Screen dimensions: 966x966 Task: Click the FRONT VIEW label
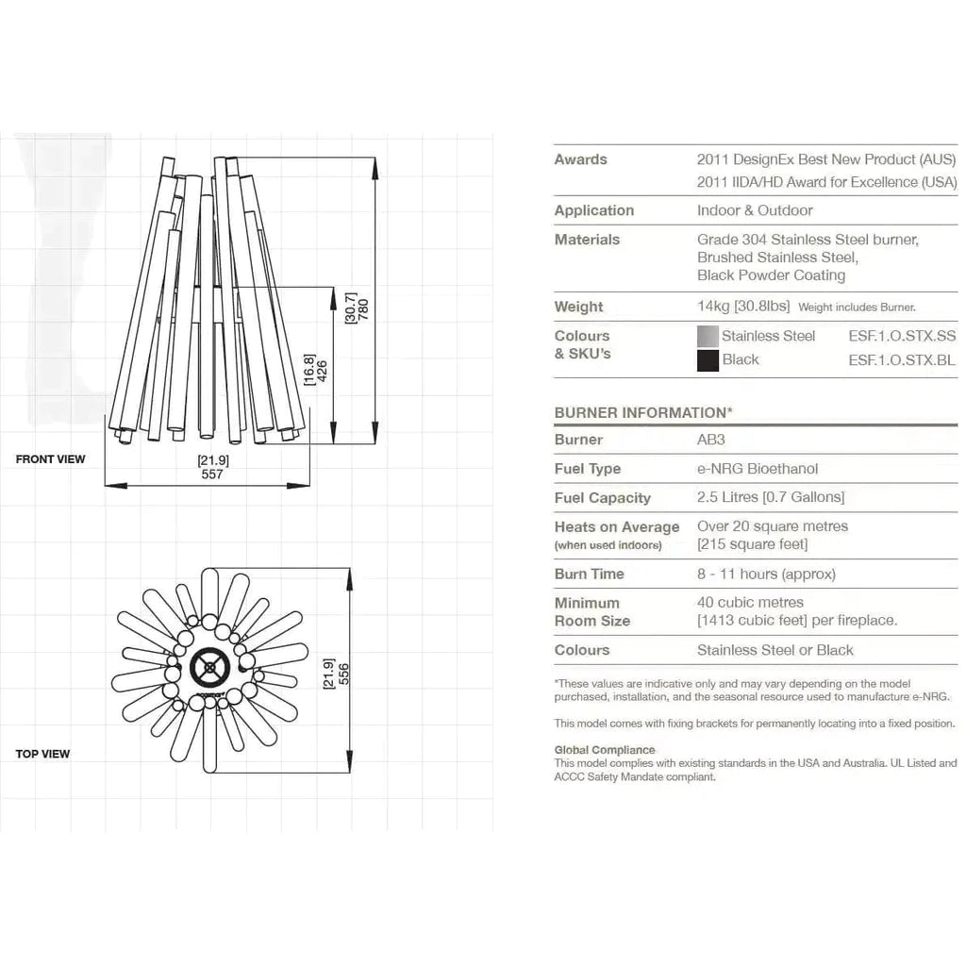(50, 459)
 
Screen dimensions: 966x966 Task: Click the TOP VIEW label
(42, 754)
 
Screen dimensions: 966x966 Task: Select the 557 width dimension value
(212, 475)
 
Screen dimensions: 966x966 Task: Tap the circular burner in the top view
(209, 668)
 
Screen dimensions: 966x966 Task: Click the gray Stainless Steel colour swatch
(708, 337)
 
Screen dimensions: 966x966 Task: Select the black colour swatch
(708, 360)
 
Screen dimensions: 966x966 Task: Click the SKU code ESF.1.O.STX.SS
(902, 336)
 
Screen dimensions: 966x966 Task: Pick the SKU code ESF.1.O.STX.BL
(902, 359)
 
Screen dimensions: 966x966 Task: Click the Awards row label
(581, 159)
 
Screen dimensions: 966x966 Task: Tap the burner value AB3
(710, 440)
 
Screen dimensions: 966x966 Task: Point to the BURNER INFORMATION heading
(643, 412)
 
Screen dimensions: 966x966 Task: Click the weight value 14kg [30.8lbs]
(743, 306)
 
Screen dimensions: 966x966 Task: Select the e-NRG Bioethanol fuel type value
(758, 469)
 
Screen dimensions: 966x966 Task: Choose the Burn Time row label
(590, 574)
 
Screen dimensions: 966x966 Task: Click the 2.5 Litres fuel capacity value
(771, 497)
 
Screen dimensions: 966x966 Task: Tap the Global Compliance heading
(605, 750)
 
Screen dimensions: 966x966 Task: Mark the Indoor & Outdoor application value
(755, 210)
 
